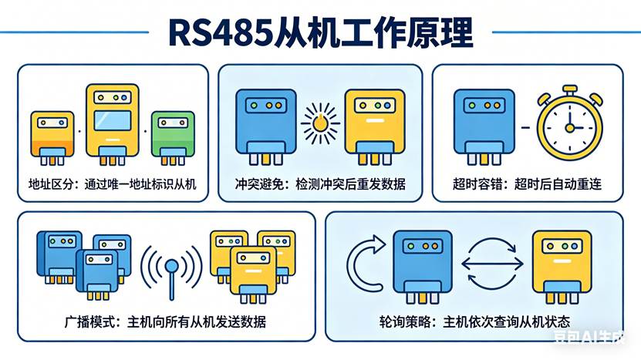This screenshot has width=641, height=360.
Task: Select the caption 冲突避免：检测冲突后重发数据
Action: pyautogui.click(x=319, y=184)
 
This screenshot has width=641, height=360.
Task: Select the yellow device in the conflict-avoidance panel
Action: pyautogui.click(x=375, y=123)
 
